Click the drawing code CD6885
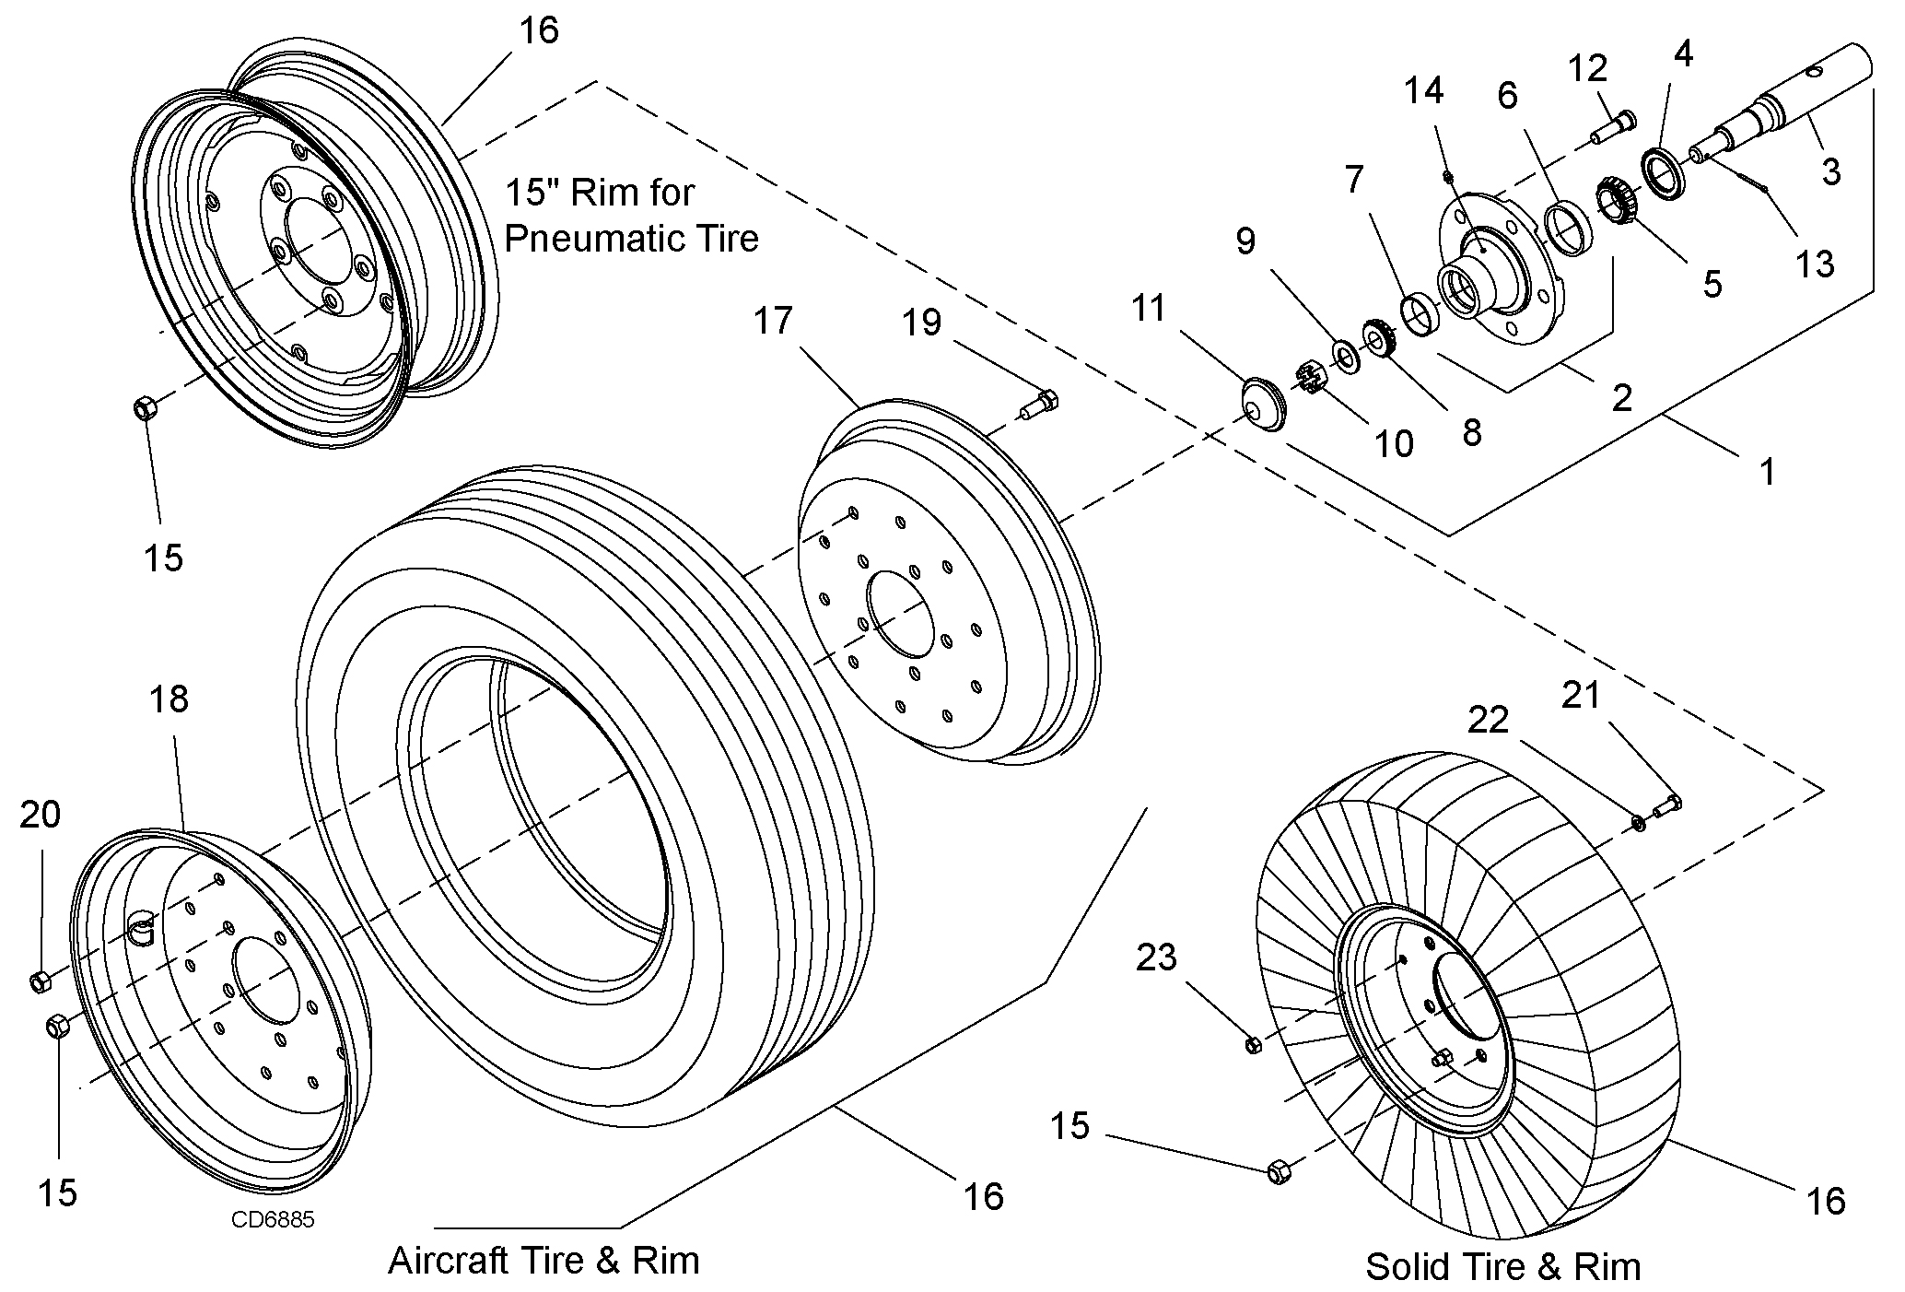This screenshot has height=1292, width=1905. pyautogui.click(x=273, y=1220)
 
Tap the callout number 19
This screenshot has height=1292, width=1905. pyautogui.click(x=922, y=323)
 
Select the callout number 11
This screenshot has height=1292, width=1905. pyautogui.click(x=1149, y=308)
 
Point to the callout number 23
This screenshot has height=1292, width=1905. pyautogui.click(x=1156, y=957)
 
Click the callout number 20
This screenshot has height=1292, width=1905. pyautogui.click(x=41, y=815)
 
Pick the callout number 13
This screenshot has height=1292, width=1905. pyautogui.click(x=1815, y=265)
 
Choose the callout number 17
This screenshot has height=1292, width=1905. pyautogui.click(x=773, y=321)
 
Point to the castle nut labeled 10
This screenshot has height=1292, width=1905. pyautogui.click(x=1314, y=379)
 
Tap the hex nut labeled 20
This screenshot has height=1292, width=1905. pyautogui.click(x=40, y=981)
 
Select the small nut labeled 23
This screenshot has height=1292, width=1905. pyautogui.click(x=1253, y=1044)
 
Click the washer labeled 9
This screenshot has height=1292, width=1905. pyautogui.click(x=1345, y=355)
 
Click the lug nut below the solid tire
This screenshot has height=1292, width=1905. pyautogui.click(x=1278, y=1172)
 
